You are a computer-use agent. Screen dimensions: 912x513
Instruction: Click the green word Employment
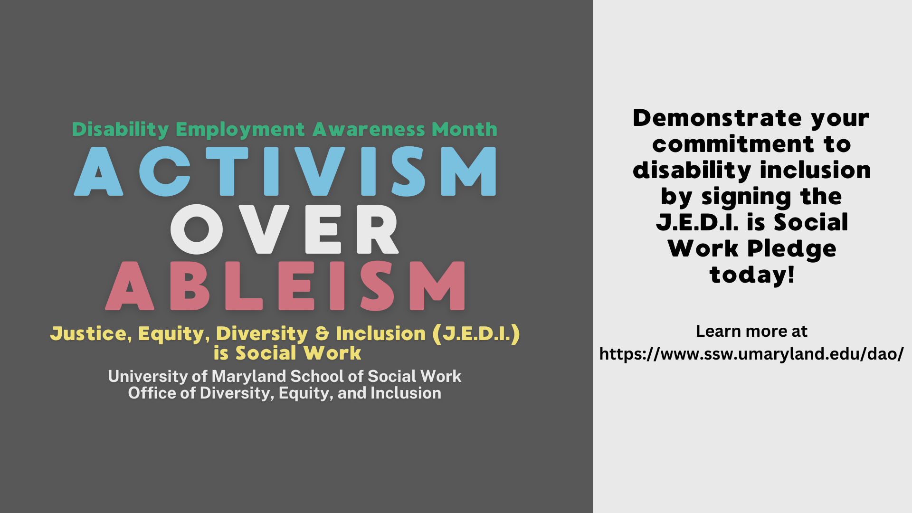240,130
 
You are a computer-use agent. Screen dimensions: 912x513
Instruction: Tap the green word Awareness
369,129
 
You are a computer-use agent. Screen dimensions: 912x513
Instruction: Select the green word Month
465,129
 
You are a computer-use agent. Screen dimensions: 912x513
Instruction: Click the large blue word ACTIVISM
285,171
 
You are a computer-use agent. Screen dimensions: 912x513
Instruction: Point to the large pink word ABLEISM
285,285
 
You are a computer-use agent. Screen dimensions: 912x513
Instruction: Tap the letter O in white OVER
196,229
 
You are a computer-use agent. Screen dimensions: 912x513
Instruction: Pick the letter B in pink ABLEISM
190,285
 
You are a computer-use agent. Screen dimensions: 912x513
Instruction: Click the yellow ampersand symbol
322,333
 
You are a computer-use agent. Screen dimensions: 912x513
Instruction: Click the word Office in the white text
152,393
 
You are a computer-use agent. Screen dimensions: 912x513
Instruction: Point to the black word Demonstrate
717,118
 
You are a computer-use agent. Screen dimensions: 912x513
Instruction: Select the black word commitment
733,144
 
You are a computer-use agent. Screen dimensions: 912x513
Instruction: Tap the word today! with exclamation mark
752,275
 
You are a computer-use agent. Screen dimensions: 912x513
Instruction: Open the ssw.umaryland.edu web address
751,354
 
